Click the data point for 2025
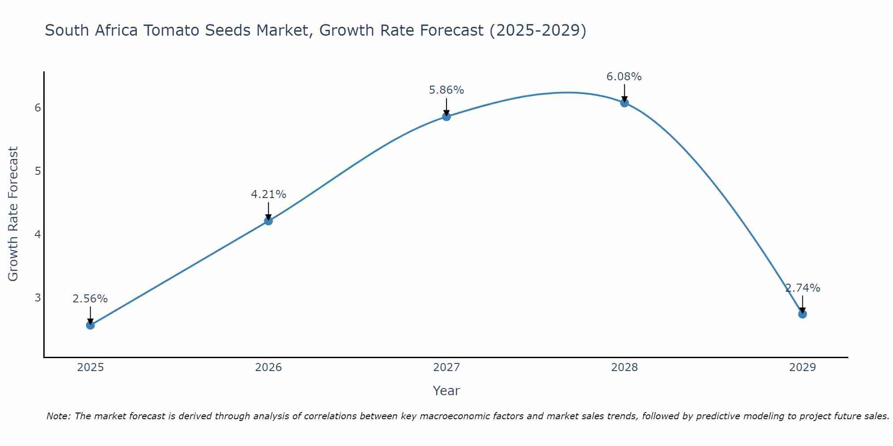point(90,325)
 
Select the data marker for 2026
point(268,221)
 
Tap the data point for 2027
point(446,117)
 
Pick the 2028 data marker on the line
point(624,103)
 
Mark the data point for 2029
point(802,314)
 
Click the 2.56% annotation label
point(90,299)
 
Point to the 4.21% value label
point(268,194)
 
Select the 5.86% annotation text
point(446,90)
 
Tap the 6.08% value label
point(624,77)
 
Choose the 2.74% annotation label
point(802,288)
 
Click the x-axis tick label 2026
point(268,368)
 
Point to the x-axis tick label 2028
point(624,368)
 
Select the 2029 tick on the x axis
point(802,368)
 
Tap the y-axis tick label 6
point(38,108)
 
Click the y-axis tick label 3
point(38,297)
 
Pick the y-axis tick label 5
point(38,171)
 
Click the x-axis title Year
point(446,391)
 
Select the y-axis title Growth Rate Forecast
point(13,214)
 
